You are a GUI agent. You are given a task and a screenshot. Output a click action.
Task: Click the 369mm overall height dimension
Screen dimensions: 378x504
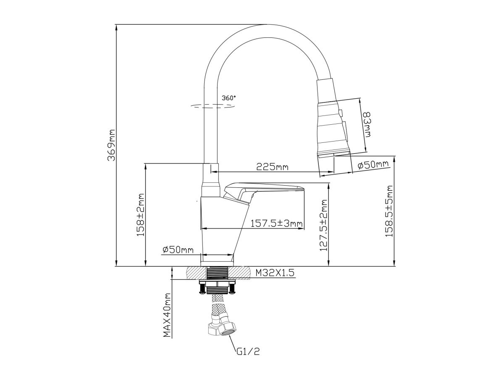click(111, 145)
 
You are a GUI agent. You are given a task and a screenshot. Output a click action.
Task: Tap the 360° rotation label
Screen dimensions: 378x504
click(229, 97)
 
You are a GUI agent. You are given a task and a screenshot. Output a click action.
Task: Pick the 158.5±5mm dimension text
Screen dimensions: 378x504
click(389, 212)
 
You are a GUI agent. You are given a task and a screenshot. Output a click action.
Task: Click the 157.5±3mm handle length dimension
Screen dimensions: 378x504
click(276, 223)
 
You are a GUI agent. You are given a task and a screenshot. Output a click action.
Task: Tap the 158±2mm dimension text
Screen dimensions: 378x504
click(140, 215)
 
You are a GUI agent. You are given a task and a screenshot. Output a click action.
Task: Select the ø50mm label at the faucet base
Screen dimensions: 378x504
click(178, 250)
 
